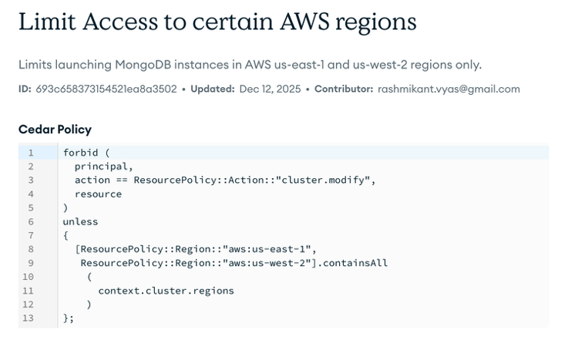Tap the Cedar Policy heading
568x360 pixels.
[55, 129]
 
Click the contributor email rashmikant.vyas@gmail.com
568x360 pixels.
[449, 89]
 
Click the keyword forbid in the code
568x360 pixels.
[80, 153]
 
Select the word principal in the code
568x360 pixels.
[104, 167]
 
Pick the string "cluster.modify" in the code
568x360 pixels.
[328, 180]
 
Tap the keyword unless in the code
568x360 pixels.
[80, 222]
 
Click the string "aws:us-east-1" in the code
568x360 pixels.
[269, 249]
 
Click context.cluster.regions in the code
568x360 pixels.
[166, 291]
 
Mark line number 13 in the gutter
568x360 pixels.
[29, 318]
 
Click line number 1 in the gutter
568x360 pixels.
[31, 153]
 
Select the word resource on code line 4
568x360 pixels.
[98, 194]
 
